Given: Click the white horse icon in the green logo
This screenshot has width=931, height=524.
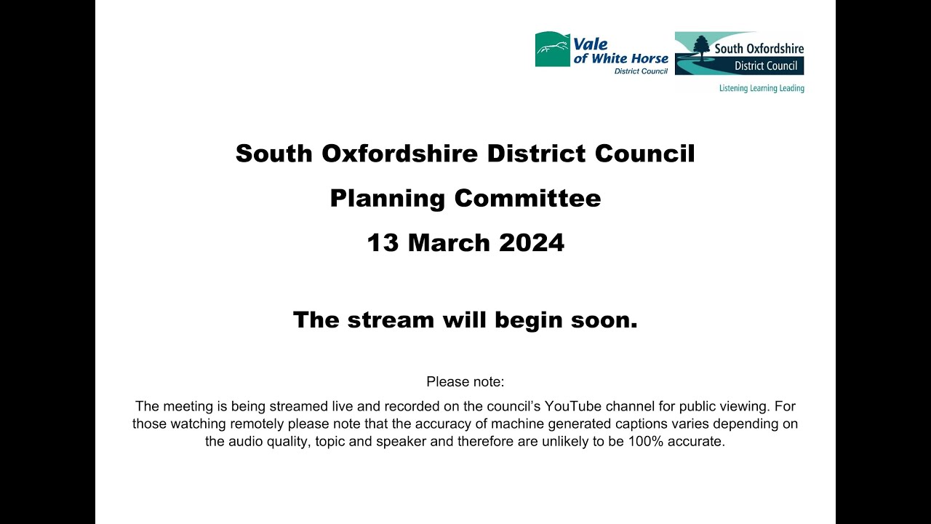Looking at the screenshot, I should pos(552,49).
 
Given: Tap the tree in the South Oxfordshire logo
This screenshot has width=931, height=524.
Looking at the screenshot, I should pos(701,48).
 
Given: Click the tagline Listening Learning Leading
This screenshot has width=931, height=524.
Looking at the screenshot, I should pos(762,88).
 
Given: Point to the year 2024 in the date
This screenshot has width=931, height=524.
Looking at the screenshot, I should pos(532,243).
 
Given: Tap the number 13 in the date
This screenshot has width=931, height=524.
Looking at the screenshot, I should pos(383,243).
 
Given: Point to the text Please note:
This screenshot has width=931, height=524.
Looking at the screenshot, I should pos(465,381).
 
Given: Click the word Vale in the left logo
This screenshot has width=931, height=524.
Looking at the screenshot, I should pos(591,44).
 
